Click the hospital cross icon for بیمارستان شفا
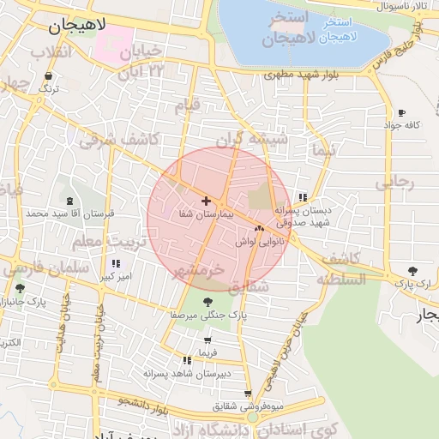tap(206, 201)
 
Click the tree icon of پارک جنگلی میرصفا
tap(208, 301)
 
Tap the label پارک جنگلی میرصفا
tap(217, 316)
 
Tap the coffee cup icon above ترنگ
tap(48, 76)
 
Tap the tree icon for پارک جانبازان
tap(20, 288)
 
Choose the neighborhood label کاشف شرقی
tap(119, 141)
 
